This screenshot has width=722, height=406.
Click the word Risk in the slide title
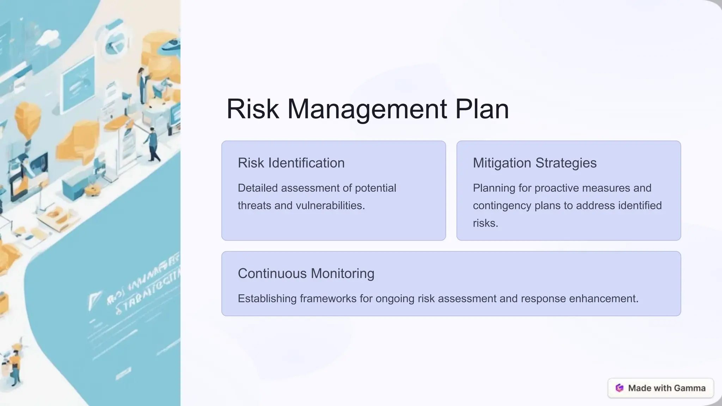click(x=252, y=109)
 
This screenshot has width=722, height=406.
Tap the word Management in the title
click(x=367, y=109)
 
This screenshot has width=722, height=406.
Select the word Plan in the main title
click(x=482, y=109)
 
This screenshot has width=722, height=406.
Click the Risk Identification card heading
click(x=291, y=163)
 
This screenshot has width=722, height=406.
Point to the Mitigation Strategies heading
click(x=534, y=163)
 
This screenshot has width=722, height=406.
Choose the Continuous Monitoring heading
click(x=306, y=273)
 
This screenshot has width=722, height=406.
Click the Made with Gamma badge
click(x=660, y=388)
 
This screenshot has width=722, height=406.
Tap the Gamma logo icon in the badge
click(x=619, y=388)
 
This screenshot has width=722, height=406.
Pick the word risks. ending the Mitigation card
click(x=485, y=223)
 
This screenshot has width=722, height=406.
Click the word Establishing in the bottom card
click(x=267, y=299)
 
